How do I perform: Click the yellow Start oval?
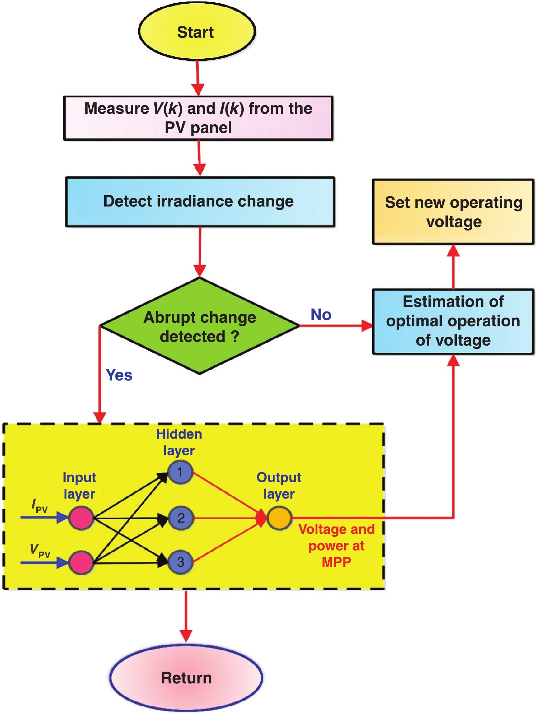coord(197,32)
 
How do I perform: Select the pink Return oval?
coord(186,678)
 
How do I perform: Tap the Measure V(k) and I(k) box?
coord(198,118)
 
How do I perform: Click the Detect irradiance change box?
coord(200,202)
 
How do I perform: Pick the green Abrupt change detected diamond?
coord(199,326)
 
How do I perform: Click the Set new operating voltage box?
coord(453,212)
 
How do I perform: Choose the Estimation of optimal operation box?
coord(453,321)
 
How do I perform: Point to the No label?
coord(321,315)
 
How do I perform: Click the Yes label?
coord(119,375)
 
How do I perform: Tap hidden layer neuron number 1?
coord(180,472)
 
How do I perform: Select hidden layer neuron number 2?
coord(181,518)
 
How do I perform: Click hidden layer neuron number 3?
coord(180,562)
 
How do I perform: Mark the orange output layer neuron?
coord(279,518)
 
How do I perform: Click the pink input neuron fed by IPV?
coord(81,518)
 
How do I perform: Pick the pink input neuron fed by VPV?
coord(81,563)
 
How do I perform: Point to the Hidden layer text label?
coord(179,442)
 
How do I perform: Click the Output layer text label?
coord(279,486)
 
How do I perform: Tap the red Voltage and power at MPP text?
coord(337,545)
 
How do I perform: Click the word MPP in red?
coord(336,562)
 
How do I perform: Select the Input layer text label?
coord(79,486)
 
